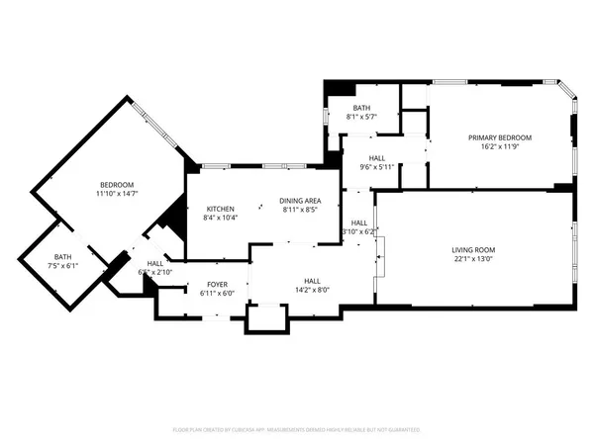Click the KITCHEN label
coord(220,209)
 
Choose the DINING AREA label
coord(298,199)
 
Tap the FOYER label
coord(215,284)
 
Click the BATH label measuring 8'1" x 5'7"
coord(361,108)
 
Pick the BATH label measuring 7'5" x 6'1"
coord(63,256)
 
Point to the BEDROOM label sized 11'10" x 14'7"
coord(116,185)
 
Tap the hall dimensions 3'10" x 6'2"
coord(358,231)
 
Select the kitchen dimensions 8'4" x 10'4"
coord(220,218)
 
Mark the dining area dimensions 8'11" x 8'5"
coord(298,209)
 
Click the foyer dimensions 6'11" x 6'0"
coord(215,293)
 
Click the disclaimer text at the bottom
coord(297,430)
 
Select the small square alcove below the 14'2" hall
coord(265,317)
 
